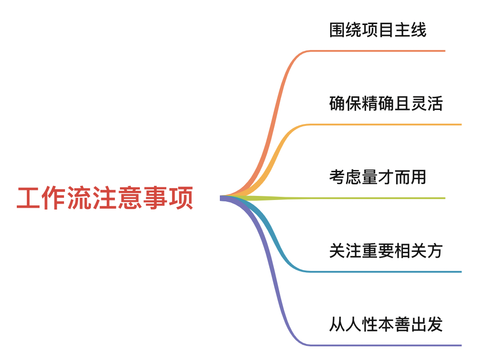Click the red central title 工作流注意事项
tap(105, 198)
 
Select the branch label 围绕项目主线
tap(377, 30)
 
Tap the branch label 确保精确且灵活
tap(386, 104)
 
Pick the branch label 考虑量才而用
tap(377, 177)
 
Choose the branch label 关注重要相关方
tap(386, 250)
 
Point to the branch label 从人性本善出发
tap(386, 324)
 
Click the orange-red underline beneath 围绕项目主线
tap(377, 51)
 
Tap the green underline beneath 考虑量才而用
tap(377, 198)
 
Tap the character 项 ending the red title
tap(181, 198)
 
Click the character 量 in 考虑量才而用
tap(370, 177)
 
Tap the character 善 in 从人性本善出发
tap(402, 324)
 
